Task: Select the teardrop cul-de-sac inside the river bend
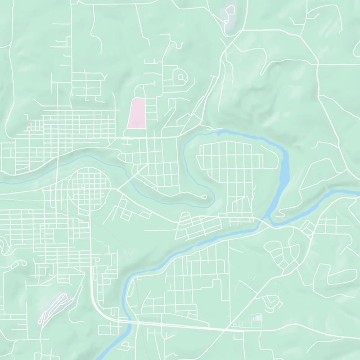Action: point(205,197)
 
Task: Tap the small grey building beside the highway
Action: point(258,318)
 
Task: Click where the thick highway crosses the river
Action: point(130,322)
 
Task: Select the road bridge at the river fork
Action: point(265,220)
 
